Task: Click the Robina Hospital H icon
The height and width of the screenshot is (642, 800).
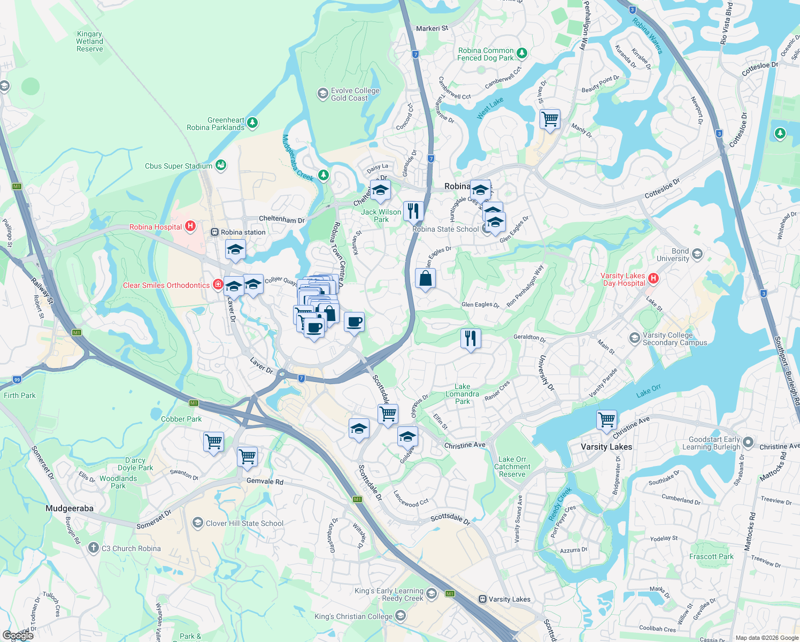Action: tap(190, 227)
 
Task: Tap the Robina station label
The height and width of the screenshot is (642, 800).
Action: tap(243, 232)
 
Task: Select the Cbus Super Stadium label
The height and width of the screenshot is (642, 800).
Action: tap(179, 166)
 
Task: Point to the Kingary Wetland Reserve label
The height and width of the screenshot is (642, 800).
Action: tap(89, 41)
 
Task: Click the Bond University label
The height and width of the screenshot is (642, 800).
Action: tap(673, 255)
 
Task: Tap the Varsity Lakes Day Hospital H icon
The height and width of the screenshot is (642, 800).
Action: tap(653, 278)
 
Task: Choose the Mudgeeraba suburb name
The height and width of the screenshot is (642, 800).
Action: tap(70, 508)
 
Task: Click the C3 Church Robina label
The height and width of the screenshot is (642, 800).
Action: tap(131, 548)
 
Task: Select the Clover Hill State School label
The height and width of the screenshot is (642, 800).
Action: tap(244, 523)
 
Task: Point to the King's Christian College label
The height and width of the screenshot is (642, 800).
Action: tap(353, 616)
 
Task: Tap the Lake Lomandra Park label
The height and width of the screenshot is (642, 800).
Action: tap(463, 394)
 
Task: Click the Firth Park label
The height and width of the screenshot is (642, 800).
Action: tap(20, 395)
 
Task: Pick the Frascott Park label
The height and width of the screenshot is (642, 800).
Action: tap(711, 556)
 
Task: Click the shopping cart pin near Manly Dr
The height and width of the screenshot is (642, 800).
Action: tap(550, 119)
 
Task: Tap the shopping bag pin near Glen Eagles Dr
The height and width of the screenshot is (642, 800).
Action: tap(425, 278)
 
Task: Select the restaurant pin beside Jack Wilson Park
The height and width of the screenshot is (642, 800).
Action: tap(413, 211)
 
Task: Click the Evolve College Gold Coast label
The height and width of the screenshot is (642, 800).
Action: tap(355, 94)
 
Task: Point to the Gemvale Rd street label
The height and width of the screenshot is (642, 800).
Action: tap(265, 481)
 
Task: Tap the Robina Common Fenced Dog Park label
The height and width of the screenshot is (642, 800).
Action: tap(486, 54)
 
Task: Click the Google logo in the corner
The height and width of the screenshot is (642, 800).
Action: tap(18, 635)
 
